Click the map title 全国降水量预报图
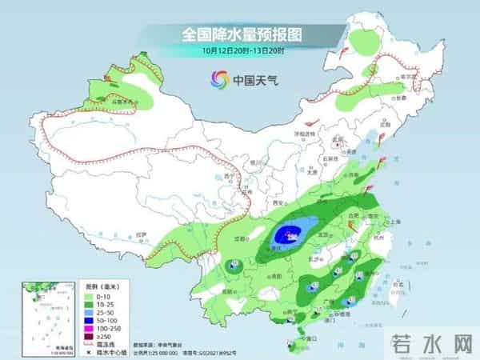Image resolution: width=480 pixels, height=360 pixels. tap(239, 34)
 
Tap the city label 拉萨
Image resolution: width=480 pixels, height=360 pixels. tap(142, 234)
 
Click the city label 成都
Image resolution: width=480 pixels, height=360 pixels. tap(239, 238)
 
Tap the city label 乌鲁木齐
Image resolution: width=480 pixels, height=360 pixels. tap(121, 102)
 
